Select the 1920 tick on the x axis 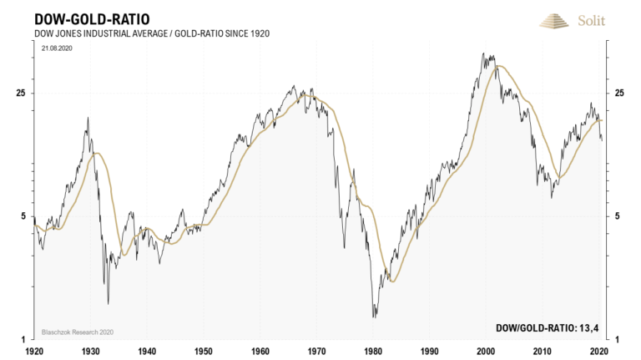point(34,352)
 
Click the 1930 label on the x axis point(91,352)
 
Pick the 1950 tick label point(204,352)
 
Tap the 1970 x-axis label point(316,352)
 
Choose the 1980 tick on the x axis point(373,352)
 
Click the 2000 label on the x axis point(486,352)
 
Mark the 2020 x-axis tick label point(598,352)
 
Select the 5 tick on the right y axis point(618,216)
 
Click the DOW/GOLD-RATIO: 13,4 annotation point(547,328)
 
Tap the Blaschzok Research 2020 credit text point(76,332)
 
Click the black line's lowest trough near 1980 point(375,317)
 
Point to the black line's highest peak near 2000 point(485,54)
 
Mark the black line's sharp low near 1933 point(108,303)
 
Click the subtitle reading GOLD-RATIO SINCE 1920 point(225,33)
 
